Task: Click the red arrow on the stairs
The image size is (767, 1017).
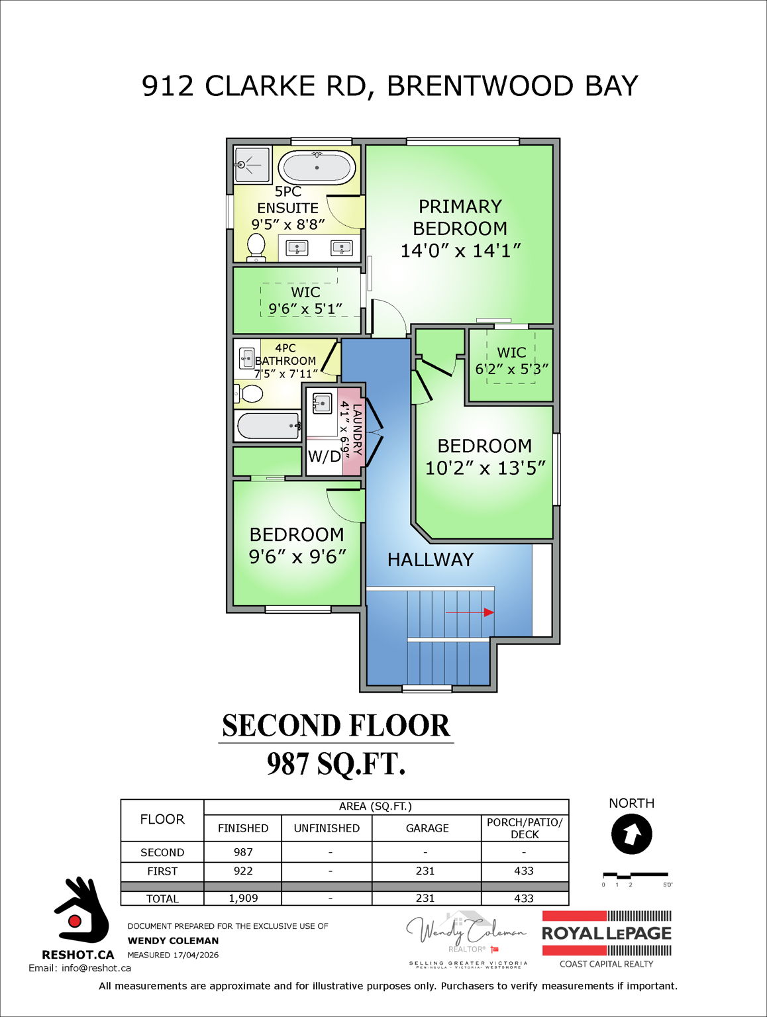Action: pos(470,612)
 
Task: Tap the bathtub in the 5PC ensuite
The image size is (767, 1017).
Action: pos(317,168)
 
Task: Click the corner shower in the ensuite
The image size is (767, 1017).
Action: pos(252,164)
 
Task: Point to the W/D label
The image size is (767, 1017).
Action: pos(325,456)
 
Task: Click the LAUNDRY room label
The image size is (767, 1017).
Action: pos(357,429)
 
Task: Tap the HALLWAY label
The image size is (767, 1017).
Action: pos(431,560)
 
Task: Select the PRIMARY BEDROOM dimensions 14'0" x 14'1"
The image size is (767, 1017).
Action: pos(460,251)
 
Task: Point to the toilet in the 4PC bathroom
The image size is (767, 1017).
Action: pos(248,394)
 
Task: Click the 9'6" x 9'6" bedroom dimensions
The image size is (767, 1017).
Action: pos(297,557)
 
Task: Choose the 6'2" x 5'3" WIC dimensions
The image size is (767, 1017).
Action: pos(511,369)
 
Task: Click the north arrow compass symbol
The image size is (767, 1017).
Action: pos(631,834)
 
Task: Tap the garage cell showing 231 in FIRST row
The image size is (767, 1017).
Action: pos(425,871)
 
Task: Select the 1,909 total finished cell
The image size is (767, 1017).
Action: pos(243,898)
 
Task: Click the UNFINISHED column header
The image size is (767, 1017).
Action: pos(327,828)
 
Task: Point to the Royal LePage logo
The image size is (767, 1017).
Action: pos(606,934)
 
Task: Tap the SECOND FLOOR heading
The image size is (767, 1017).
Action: pos(336,726)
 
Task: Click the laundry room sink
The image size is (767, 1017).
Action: pos(322,403)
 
